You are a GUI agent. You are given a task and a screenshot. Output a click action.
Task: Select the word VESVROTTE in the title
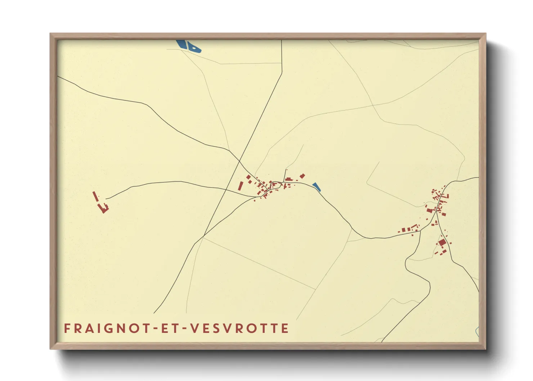pyautogui.click(x=239, y=328)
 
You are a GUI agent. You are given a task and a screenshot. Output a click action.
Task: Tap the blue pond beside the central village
pyautogui.click(x=316, y=187)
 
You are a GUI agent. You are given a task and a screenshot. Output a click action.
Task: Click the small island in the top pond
pyautogui.click(x=194, y=47)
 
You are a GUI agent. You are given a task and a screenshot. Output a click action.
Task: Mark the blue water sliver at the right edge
pyautogui.click(x=477, y=331)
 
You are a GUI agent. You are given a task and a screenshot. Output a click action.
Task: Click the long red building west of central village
pyautogui.click(x=241, y=186)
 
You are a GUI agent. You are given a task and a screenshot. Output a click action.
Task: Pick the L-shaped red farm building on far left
pyautogui.click(x=104, y=208)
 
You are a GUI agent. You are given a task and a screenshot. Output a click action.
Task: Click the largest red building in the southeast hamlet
pyautogui.click(x=442, y=242)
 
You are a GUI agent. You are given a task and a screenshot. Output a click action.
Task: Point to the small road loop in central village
pyautogui.click(x=276, y=184)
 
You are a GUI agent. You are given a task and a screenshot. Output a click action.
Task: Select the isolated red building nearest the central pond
pyautogui.click(x=303, y=176)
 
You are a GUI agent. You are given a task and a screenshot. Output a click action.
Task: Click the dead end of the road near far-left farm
pyautogui.click(x=106, y=198)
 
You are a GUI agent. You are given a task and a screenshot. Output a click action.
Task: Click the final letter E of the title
pyautogui.click(x=285, y=328)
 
